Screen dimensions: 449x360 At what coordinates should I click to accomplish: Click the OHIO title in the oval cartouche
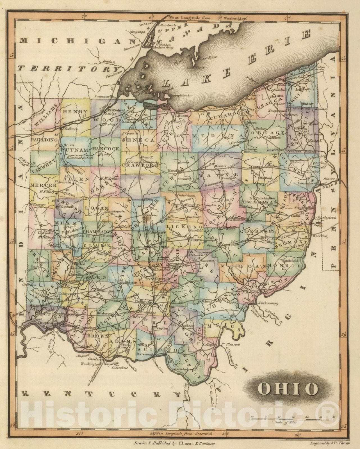(x=288, y=388)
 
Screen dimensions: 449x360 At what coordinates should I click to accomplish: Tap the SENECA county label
(x=138, y=139)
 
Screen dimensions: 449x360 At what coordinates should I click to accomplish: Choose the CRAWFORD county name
(x=140, y=165)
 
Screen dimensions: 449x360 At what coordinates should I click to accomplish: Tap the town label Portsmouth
(x=145, y=354)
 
